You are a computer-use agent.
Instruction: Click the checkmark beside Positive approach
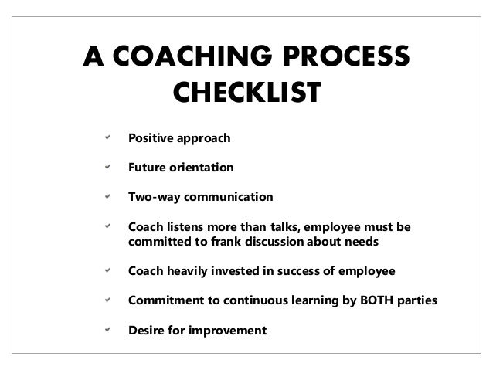pos(97,138)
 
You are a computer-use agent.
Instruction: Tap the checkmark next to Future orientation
pos(97,167)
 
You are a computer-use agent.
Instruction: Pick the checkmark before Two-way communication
pos(97,196)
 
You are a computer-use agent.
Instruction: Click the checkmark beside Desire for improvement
pos(97,330)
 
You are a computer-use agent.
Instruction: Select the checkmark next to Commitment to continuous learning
pos(97,300)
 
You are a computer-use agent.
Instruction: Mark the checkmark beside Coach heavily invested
pos(97,271)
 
